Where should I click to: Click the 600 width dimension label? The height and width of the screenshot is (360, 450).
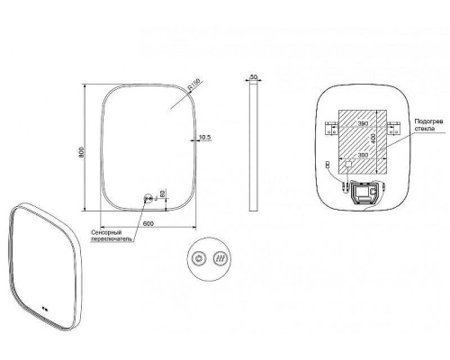pos(148,223)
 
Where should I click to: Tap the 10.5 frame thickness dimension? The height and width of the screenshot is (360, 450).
pos(205,137)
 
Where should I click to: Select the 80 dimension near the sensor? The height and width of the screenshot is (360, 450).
pos(162,193)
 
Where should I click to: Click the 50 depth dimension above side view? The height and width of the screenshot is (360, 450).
pos(254,77)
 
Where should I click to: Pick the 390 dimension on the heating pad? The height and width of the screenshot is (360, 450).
pos(363,123)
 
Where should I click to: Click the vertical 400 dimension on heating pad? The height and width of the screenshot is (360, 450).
pos(373,139)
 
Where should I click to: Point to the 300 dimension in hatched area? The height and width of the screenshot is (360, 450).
pos(363,155)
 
